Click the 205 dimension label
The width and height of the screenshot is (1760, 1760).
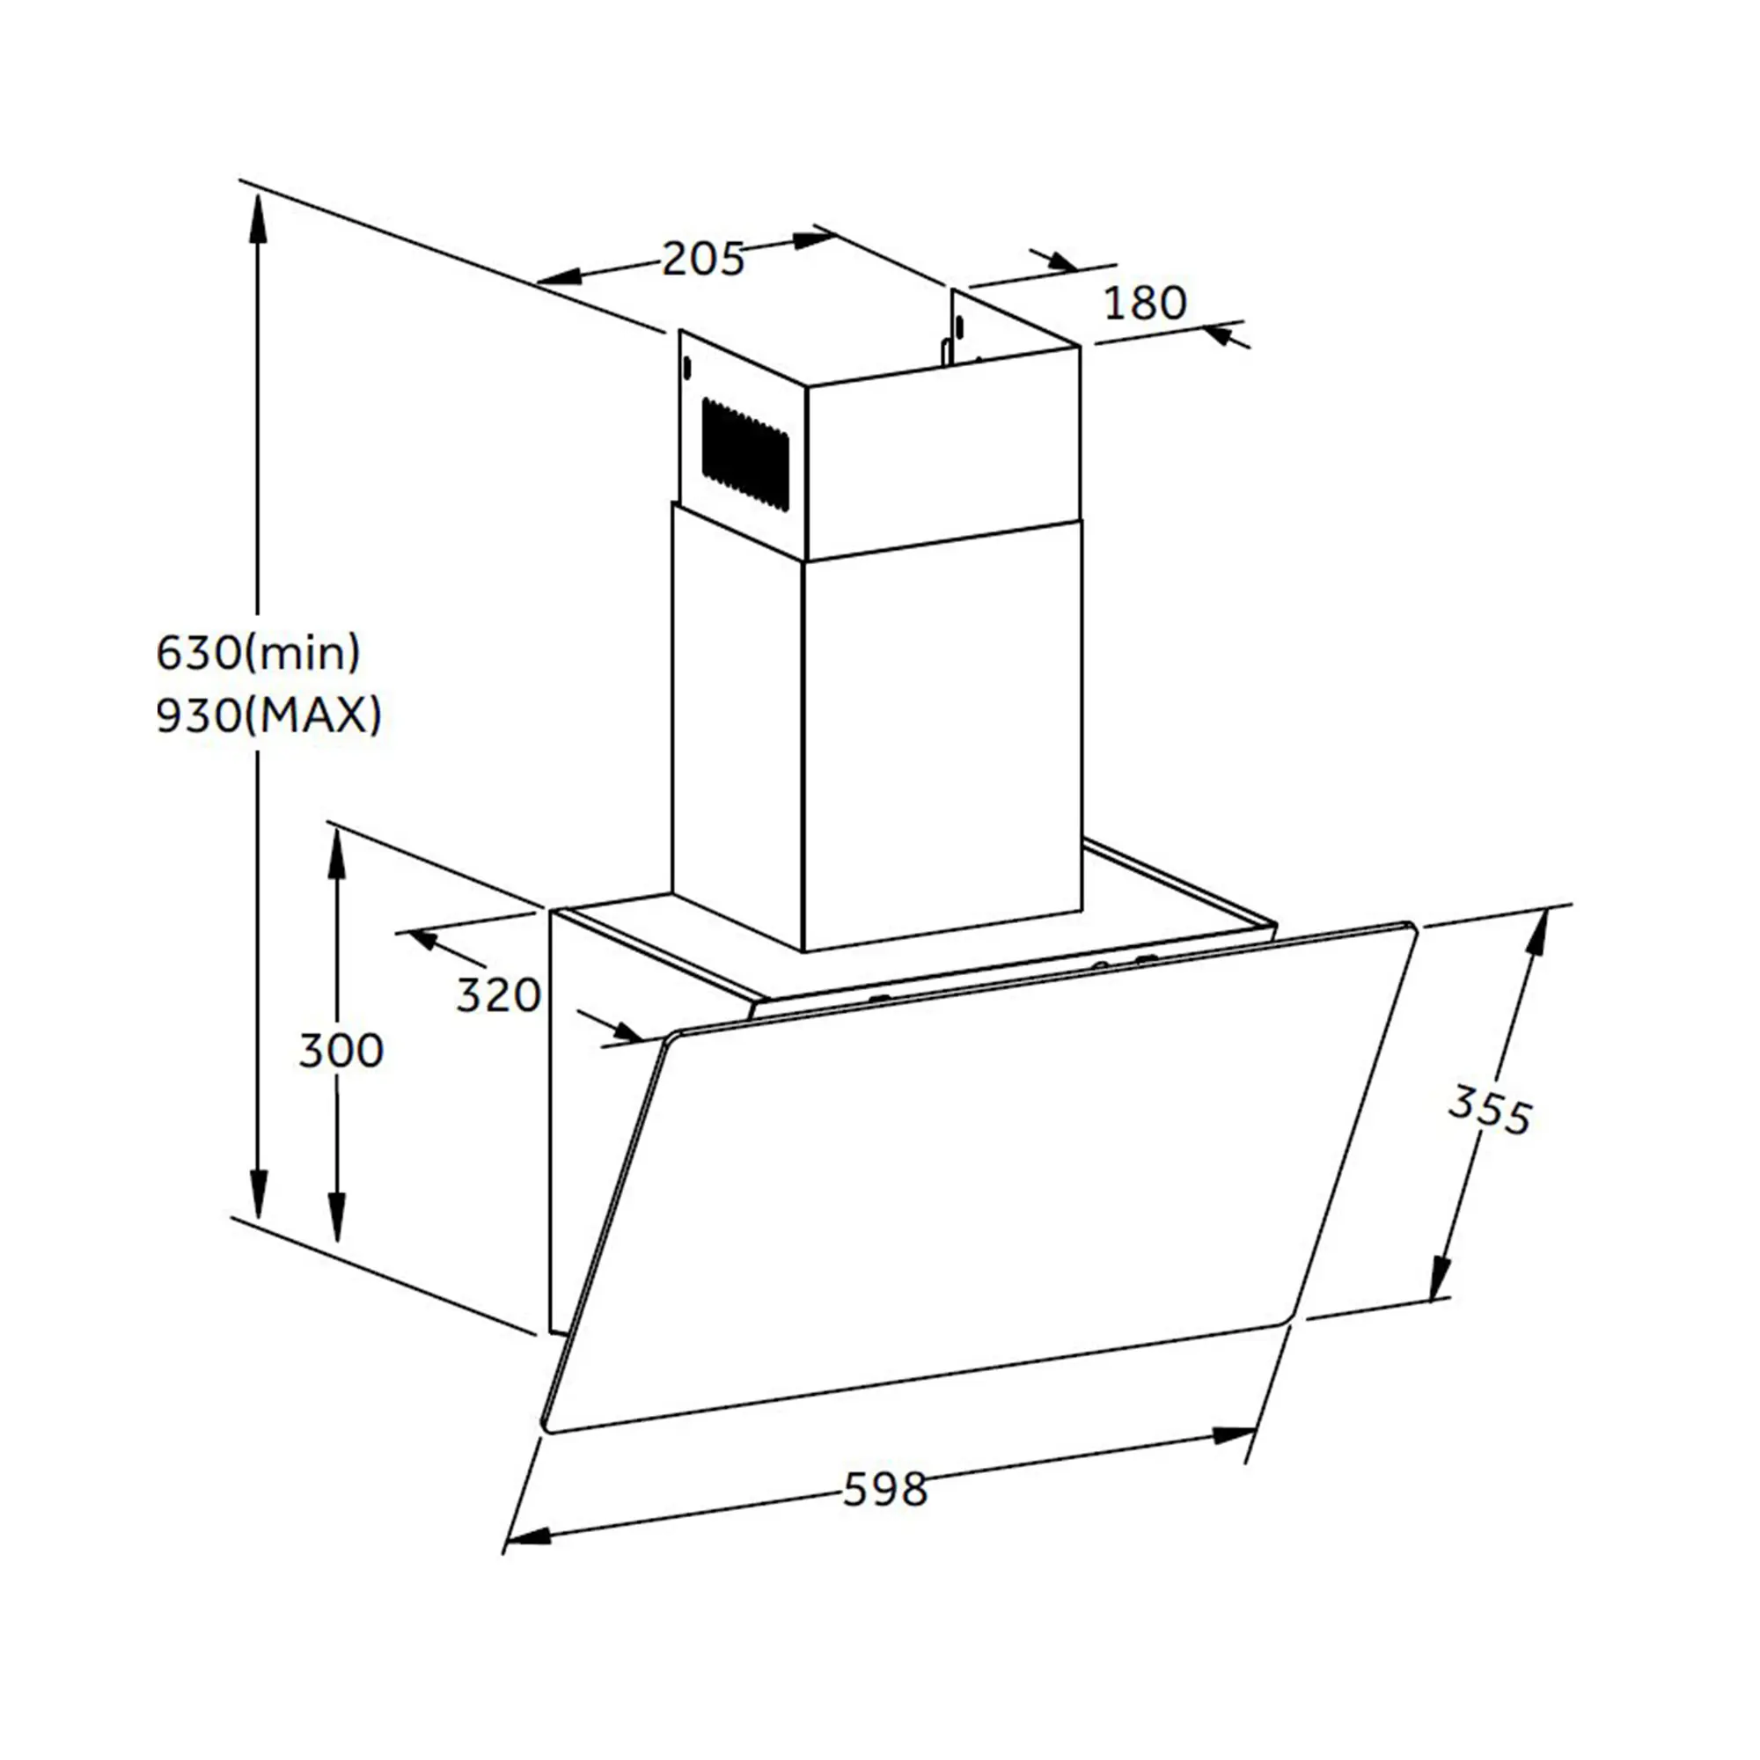coord(702,259)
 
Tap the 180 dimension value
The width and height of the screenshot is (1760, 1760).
coord(1145,303)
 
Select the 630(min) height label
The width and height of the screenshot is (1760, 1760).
coord(259,653)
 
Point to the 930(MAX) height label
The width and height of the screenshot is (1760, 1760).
coord(268,716)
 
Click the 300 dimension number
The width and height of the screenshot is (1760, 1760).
coord(341,1052)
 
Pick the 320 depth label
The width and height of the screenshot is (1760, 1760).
coord(498,995)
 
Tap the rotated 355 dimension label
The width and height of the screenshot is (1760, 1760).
coord(1491,1110)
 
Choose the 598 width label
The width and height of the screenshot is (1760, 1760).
coord(884,1490)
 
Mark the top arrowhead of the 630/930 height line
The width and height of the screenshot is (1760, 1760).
coord(259,218)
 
